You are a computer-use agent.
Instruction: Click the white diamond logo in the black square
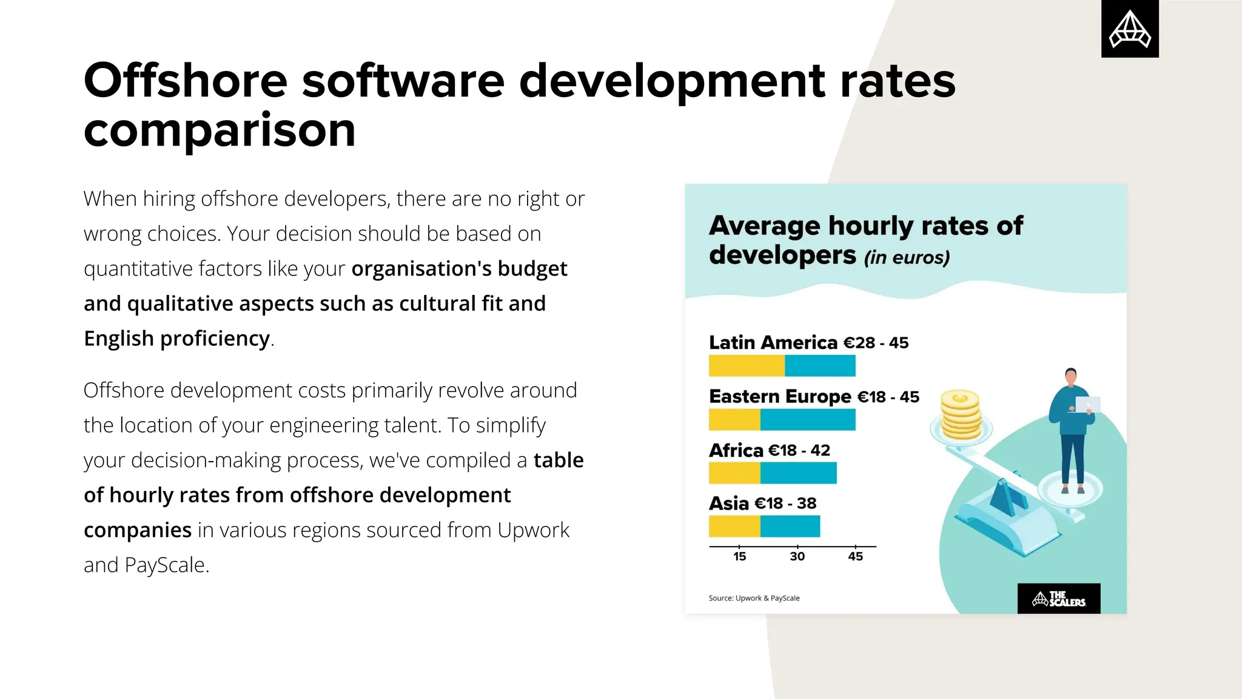tap(1130, 29)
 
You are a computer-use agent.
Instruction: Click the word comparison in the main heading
tap(220, 130)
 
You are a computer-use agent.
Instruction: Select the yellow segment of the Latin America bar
tap(747, 366)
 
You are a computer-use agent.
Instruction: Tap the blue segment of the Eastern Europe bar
tap(808, 420)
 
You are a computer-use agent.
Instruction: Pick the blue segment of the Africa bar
tap(798, 473)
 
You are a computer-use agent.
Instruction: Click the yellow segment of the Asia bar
tap(734, 526)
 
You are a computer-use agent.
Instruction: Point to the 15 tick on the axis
tap(739, 556)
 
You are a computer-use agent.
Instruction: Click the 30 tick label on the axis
tap(797, 556)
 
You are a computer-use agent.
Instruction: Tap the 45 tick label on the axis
tap(855, 556)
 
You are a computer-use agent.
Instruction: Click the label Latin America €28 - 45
tap(808, 343)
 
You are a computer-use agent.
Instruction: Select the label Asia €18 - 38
tap(762, 504)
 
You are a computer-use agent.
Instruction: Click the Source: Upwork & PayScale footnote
tap(754, 598)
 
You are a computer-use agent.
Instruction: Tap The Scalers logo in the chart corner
tap(1058, 599)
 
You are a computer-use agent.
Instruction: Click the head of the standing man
tap(1071, 376)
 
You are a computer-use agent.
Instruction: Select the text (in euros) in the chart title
tap(907, 257)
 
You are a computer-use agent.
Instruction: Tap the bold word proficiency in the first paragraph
tap(215, 338)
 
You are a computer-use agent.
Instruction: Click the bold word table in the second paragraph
tap(558, 460)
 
